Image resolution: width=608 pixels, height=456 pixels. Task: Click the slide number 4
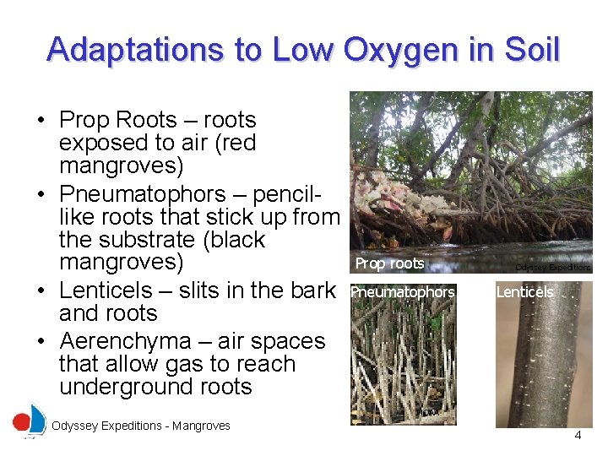[578, 436]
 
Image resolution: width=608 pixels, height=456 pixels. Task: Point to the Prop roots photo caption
[389, 263]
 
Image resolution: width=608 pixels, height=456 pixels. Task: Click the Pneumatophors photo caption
[403, 292]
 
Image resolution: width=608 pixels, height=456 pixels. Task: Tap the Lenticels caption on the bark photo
[524, 292]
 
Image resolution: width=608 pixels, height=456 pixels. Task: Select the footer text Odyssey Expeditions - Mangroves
[140, 426]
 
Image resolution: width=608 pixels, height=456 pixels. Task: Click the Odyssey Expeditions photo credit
[553, 267]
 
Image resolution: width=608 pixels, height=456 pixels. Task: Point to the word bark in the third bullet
[309, 290]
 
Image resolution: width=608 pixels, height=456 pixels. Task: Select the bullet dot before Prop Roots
[41, 121]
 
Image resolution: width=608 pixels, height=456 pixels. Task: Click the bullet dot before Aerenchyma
[41, 342]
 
